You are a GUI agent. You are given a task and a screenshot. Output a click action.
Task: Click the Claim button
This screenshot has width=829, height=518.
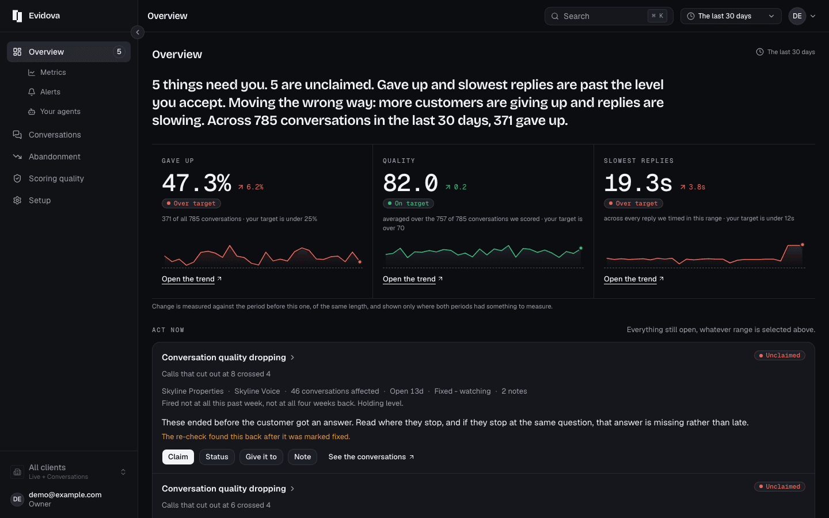click(178, 456)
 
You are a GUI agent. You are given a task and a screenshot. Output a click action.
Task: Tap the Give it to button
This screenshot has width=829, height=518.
click(261, 456)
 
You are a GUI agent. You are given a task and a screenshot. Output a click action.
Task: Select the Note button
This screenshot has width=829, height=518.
click(302, 456)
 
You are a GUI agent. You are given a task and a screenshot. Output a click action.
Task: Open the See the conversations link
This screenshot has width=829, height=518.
click(371, 456)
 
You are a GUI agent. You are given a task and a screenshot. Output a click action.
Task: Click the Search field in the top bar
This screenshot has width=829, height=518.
click(609, 16)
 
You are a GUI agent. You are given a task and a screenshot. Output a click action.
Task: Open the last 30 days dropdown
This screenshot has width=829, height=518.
click(731, 16)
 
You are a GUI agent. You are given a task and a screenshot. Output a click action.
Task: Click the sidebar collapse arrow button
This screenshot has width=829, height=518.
click(138, 32)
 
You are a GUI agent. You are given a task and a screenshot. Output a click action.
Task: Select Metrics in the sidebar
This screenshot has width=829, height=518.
click(53, 72)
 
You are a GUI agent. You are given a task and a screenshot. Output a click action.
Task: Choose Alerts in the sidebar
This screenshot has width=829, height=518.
click(50, 92)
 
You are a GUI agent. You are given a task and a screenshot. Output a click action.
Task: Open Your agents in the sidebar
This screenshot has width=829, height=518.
click(60, 112)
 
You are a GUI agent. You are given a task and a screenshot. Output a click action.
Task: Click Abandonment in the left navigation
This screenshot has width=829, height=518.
click(54, 157)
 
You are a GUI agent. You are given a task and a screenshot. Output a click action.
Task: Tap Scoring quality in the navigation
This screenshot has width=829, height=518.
click(56, 178)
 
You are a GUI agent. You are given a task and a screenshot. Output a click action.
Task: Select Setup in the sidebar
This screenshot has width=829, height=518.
click(40, 200)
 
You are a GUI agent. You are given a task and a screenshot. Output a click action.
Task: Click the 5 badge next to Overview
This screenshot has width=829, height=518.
click(119, 52)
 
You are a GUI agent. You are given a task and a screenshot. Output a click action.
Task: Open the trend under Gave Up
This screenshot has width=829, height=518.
click(191, 279)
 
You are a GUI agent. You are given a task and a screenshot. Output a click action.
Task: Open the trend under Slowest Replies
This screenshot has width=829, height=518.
click(634, 279)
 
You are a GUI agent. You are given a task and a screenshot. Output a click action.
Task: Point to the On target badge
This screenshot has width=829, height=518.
click(408, 203)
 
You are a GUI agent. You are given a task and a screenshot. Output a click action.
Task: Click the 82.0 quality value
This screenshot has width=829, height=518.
click(410, 183)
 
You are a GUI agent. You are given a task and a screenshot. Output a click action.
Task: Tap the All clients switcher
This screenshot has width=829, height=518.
click(69, 472)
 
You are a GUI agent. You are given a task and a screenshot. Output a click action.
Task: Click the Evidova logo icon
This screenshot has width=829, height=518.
click(17, 16)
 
